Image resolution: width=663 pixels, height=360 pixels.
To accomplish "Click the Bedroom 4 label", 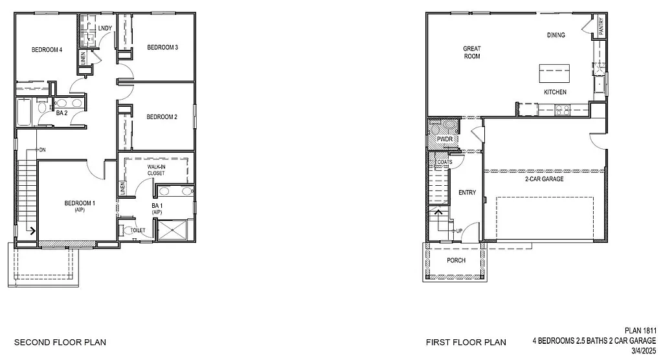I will (x=47, y=50).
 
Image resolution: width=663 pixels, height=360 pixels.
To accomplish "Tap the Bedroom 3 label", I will (x=163, y=47).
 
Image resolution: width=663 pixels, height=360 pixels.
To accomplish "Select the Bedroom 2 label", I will (x=162, y=117).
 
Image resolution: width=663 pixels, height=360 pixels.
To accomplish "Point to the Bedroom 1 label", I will (x=80, y=204).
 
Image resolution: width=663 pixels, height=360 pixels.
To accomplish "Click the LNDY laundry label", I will (x=104, y=28).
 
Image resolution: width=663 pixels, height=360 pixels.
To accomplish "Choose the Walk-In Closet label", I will (x=156, y=170).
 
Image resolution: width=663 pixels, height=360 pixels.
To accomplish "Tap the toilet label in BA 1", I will (x=138, y=230).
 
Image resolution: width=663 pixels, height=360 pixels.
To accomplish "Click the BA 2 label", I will (x=62, y=113).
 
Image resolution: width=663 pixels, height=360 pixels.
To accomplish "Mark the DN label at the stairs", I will (x=42, y=150).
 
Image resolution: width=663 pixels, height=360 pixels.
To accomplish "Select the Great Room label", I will (x=471, y=52).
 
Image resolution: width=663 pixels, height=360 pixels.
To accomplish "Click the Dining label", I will (x=556, y=35).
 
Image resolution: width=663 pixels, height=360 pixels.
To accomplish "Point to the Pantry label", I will (x=601, y=27).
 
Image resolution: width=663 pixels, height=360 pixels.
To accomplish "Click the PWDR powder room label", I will (x=444, y=139).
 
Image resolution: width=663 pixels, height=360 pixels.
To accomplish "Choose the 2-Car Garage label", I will (x=544, y=179).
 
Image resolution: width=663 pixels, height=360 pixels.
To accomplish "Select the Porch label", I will (x=456, y=260).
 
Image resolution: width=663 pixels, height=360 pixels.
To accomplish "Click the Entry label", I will (x=467, y=192).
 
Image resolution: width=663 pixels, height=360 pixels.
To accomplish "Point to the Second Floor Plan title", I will (x=60, y=342).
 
